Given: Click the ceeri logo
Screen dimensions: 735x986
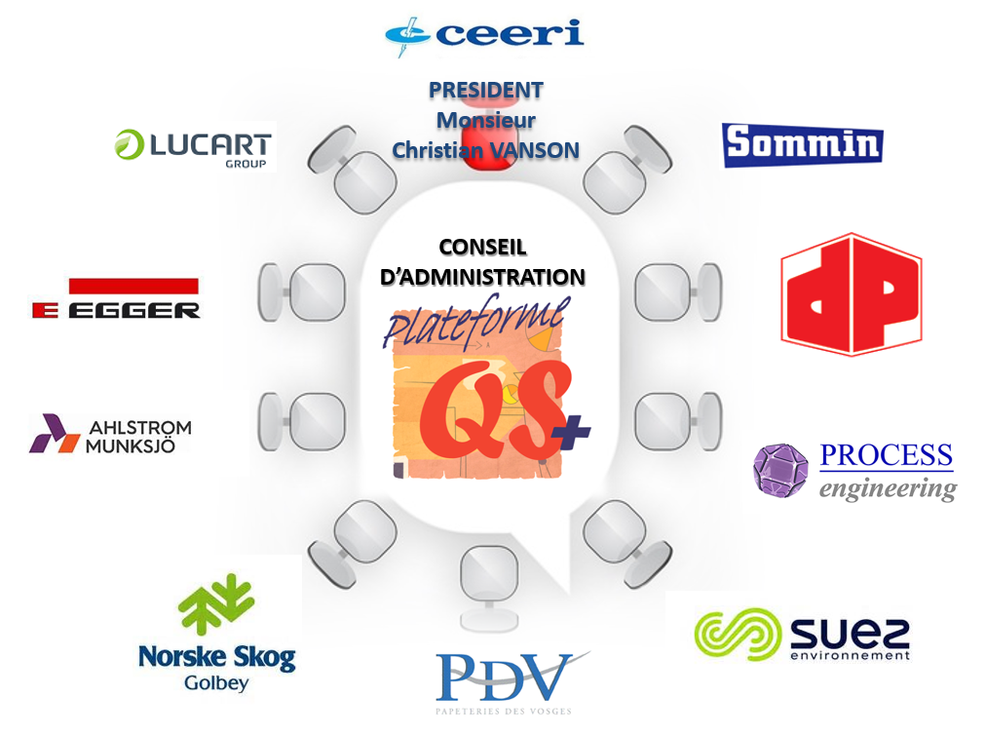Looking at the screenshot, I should pyautogui.click(x=484, y=34).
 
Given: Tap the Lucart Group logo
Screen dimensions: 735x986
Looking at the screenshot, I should pyautogui.click(x=194, y=147).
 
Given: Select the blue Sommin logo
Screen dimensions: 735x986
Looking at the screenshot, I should pyautogui.click(x=802, y=145).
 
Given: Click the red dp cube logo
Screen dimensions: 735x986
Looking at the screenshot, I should pyautogui.click(x=851, y=293).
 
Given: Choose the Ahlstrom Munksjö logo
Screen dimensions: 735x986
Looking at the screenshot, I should pyautogui.click(x=110, y=435).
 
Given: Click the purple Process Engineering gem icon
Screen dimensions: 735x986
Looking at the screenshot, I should pyautogui.click(x=780, y=470).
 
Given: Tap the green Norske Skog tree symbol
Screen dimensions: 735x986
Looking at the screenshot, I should pyautogui.click(x=215, y=604).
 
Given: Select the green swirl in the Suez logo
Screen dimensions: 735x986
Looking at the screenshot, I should pyautogui.click(x=737, y=634).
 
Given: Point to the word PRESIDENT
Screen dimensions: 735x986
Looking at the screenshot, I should pyautogui.click(x=485, y=91).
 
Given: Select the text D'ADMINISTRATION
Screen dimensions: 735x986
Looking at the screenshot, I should pyautogui.click(x=482, y=277).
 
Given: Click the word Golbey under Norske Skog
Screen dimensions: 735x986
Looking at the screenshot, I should pyautogui.click(x=216, y=682).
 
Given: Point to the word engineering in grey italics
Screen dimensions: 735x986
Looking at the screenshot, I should pyautogui.click(x=888, y=488).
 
